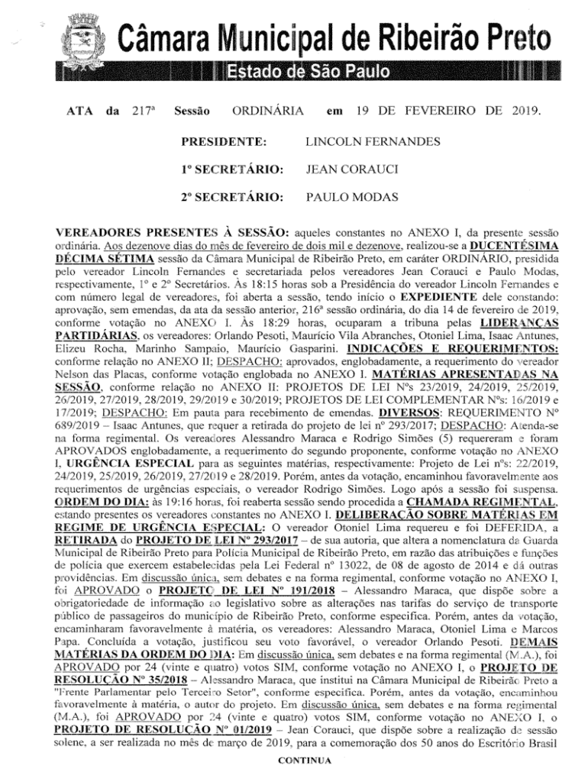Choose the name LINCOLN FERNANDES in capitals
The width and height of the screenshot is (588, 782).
pos(372,142)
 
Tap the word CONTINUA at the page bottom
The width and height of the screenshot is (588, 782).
pos(305,761)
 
